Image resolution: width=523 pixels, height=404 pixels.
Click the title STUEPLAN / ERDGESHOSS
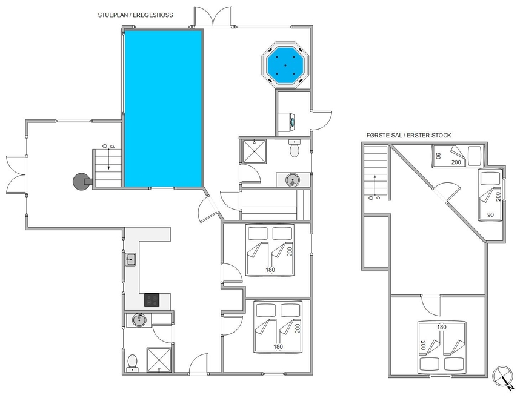click(x=135, y=15)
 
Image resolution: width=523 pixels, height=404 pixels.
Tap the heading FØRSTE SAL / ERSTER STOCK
click(x=408, y=135)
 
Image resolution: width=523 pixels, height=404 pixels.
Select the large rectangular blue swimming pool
click(x=164, y=108)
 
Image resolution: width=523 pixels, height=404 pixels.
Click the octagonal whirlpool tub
click(x=285, y=65)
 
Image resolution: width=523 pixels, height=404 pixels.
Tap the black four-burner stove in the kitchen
click(x=152, y=300)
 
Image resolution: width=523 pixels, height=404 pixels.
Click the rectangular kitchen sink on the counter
click(x=130, y=259)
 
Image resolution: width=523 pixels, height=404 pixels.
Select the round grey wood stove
click(x=81, y=181)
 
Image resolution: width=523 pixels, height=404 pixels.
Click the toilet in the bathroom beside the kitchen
click(x=132, y=363)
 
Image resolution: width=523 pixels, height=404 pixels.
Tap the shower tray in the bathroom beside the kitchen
click(x=159, y=360)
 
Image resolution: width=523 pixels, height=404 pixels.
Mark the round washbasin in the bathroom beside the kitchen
click(x=139, y=320)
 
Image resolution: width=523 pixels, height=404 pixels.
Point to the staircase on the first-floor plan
click(x=376, y=172)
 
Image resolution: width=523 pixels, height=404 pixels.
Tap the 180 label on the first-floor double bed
click(x=442, y=327)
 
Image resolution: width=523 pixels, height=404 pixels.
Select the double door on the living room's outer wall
click(x=16, y=174)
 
